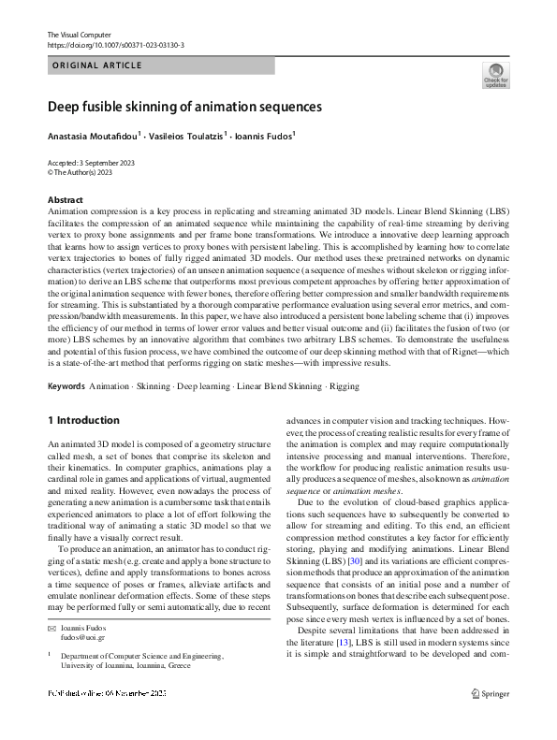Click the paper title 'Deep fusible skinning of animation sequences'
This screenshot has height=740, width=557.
(x=184, y=107)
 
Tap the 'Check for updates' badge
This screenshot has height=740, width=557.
(x=495, y=76)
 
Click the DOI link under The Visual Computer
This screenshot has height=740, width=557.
(x=115, y=45)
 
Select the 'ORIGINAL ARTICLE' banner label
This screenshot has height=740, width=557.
(x=96, y=65)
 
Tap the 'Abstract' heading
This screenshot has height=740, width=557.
(x=65, y=200)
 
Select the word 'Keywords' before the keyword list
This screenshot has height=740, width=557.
(x=68, y=386)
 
